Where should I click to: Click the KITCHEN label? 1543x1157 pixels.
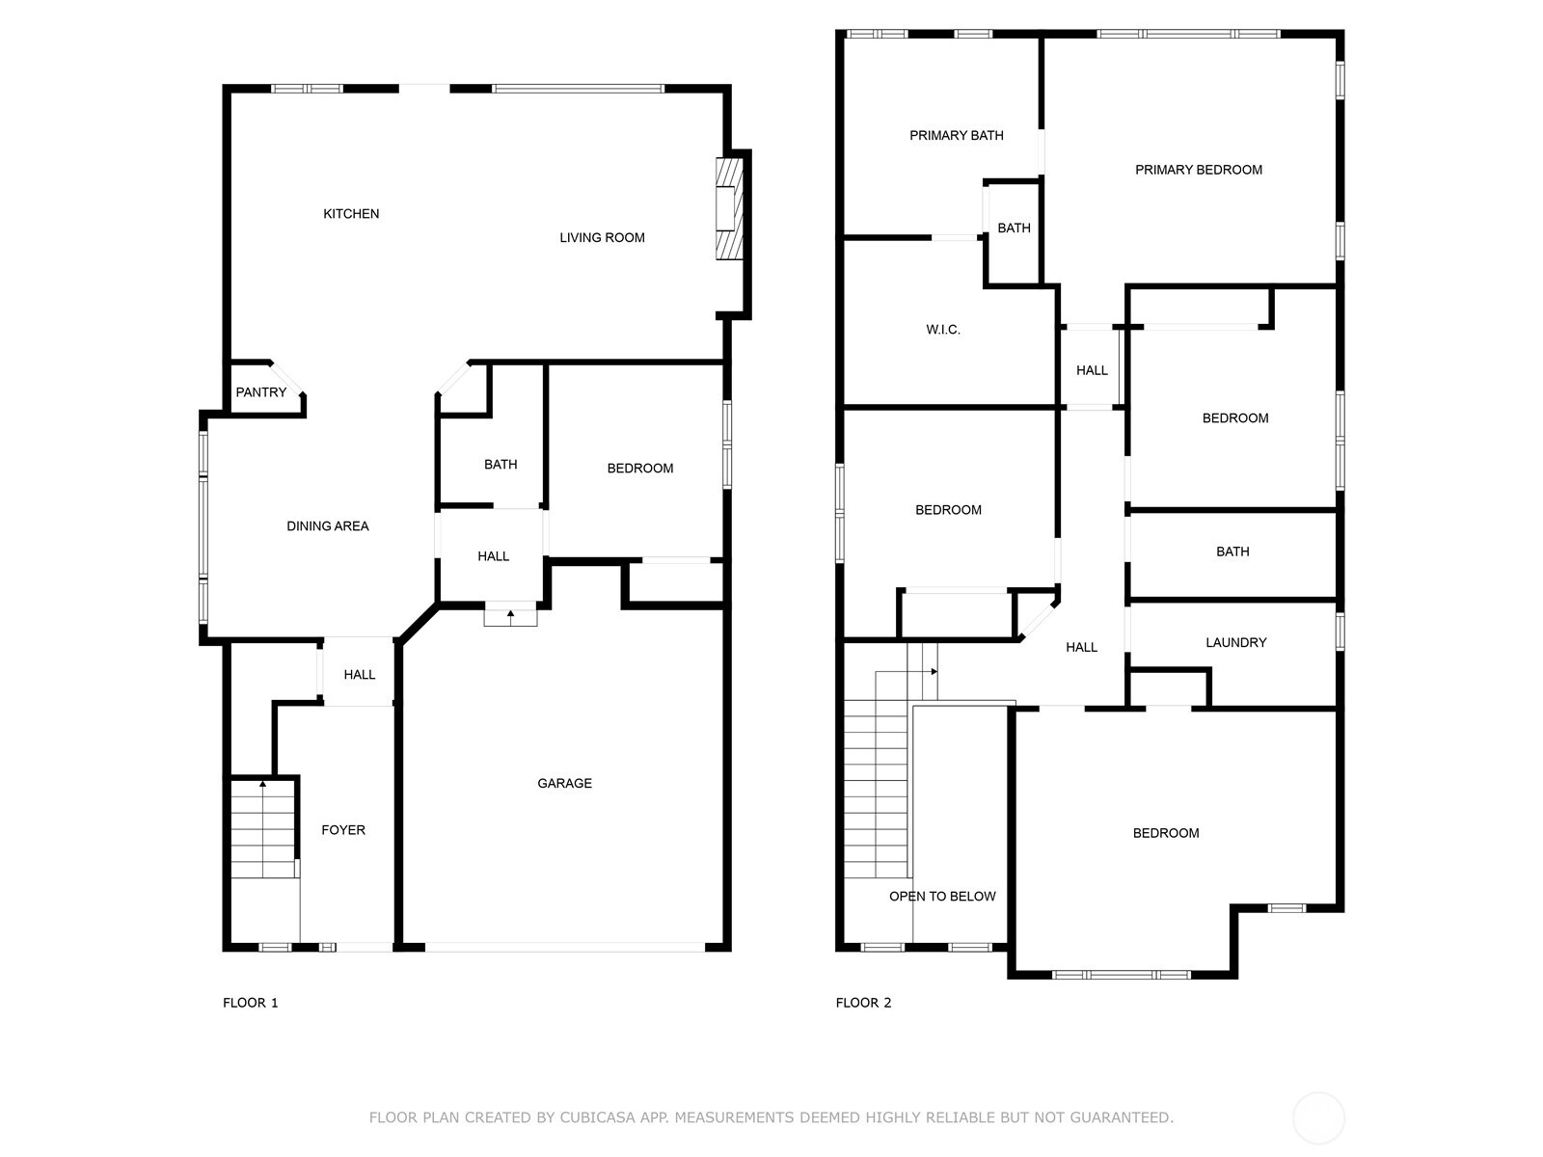351,213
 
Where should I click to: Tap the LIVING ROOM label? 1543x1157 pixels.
602,237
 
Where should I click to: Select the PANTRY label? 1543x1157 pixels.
260,392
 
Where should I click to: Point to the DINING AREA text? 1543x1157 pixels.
328,526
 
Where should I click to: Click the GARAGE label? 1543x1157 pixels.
564,783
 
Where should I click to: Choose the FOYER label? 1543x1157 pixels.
343,830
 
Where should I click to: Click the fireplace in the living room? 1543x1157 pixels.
729,208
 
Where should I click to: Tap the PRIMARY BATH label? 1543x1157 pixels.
956,136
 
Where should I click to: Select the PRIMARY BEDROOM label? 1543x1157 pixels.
1199,170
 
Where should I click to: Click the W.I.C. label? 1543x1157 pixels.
942,330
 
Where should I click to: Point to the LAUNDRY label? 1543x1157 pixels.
1235,643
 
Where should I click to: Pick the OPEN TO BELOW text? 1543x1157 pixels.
942,897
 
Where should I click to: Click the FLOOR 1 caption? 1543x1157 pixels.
250,1003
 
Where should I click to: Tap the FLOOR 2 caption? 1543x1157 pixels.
863,1003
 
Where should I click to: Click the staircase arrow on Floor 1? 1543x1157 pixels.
263,829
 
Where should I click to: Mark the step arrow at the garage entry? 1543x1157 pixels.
510,617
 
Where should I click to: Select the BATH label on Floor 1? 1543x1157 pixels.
501,465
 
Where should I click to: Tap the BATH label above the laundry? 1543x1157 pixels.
1232,552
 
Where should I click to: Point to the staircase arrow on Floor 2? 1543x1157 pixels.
907,672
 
